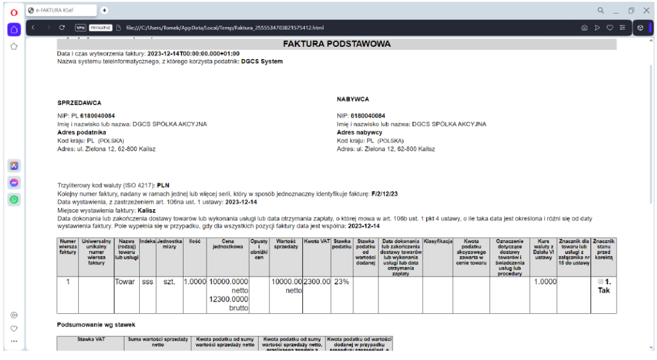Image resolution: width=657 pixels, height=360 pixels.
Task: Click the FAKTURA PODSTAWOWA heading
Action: point(337,44)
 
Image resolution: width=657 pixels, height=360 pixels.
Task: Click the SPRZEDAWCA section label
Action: point(80,103)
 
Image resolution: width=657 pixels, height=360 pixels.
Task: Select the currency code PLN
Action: point(163,185)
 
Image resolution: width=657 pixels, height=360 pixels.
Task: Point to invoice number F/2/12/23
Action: point(386,193)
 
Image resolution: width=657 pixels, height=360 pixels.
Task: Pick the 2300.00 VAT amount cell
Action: point(316,282)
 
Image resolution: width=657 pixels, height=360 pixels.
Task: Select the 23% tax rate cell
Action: point(341,282)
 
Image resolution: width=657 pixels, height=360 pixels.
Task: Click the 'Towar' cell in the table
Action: point(126,282)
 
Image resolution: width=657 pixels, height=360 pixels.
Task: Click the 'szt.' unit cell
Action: point(169,282)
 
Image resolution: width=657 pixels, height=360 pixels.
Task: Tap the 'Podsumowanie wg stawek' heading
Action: point(96,325)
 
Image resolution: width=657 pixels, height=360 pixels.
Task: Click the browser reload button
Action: point(62,28)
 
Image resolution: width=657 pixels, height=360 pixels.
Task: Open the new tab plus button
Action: point(105,10)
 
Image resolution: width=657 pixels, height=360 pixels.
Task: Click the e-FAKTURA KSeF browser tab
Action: point(61,10)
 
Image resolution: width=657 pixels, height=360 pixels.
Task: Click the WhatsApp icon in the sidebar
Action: point(14,200)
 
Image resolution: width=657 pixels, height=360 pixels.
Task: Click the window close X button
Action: point(645,10)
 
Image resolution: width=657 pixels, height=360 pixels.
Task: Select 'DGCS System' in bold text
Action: point(262,62)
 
